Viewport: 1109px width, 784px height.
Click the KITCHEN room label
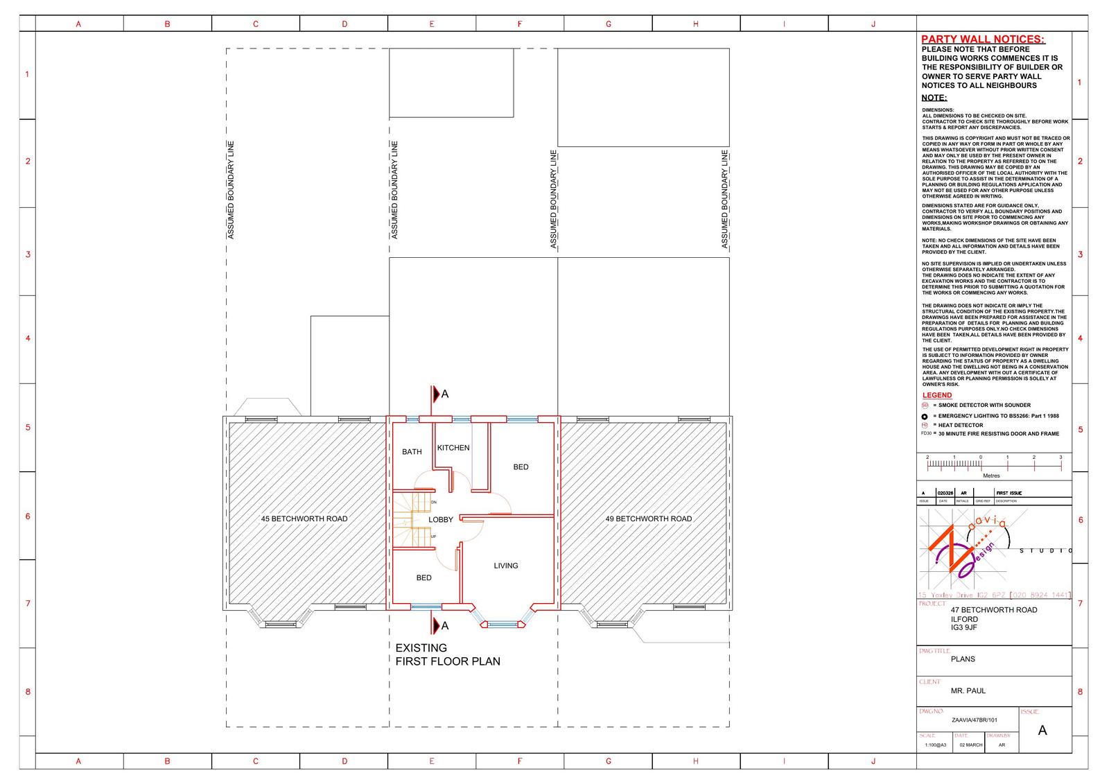point(453,448)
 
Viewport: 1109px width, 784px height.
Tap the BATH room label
point(412,452)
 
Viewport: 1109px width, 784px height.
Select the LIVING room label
point(506,566)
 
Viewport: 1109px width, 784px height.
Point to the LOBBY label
point(441,520)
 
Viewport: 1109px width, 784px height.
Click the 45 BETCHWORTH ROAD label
point(304,519)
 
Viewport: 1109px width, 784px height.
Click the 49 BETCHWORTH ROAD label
point(648,519)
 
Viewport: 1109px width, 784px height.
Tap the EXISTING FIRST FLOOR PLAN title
point(447,654)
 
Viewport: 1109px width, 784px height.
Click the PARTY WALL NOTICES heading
point(983,40)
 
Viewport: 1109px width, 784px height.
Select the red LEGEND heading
point(936,395)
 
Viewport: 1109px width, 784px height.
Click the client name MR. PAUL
point(968,691)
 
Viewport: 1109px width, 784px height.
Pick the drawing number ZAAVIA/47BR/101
point(974,720)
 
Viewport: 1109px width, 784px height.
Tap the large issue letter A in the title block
point(1042,731)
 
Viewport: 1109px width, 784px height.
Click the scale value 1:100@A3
point(935,745)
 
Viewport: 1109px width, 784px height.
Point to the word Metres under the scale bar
point(991,476)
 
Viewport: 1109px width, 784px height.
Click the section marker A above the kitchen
point(445,394)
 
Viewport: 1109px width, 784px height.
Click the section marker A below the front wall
point(445,626)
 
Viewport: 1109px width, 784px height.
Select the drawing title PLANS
point(963,659)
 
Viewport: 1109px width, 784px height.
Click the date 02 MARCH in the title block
point(971,745)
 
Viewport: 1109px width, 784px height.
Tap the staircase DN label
point(434,502)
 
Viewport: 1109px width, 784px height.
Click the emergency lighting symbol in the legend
point(925,417)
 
